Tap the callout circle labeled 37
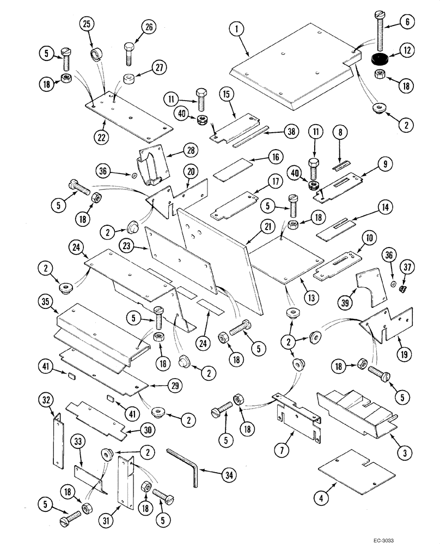click(x=408, y=267)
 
